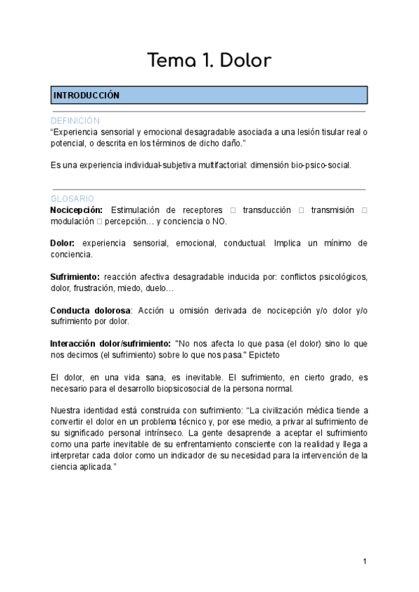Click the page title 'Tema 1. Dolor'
(x=209, y=61)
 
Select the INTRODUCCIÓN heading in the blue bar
(x=87, y=95)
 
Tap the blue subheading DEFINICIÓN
(x=75, y=121)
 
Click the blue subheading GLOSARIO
(x=73, y=199)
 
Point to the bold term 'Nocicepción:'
(x=77, y=210)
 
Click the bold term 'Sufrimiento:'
(x=75, y=276)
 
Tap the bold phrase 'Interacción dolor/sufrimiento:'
(x=110, y=343)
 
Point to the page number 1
(x=365, y=561)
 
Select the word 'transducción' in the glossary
(x=267, y=210)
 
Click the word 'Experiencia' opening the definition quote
(x=75, y=132)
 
